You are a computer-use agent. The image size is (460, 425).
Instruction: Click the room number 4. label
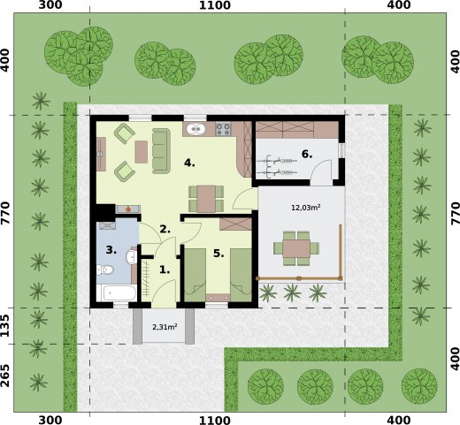click(x=188, y=163)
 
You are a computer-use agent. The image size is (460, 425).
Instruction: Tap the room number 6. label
click(x=307, y=154)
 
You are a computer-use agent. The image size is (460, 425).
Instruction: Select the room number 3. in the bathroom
click(x=111, y=250)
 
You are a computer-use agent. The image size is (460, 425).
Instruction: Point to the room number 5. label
click(x=218, y=253)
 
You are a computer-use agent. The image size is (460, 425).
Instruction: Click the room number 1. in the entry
click(x=164, y=269)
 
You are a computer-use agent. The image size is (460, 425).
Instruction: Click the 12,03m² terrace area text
click(x=305, y=208)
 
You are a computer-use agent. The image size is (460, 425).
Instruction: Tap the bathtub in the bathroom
click(x=117, y=292)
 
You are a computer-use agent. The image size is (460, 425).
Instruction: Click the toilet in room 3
click(x=129, y=259)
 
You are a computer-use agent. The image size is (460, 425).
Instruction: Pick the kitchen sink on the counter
click(x=198, y=131)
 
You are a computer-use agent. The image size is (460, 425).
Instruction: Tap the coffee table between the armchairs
click(x=141, y=151)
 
